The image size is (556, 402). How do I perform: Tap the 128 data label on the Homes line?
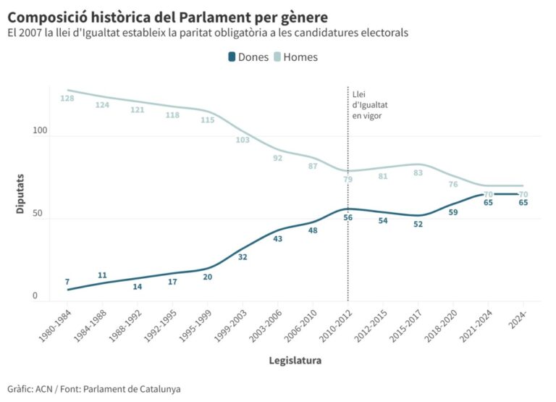(x=67, y=99)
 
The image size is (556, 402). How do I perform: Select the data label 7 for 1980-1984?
(x=67, y=282)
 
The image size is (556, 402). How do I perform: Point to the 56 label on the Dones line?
(x=347, y=217)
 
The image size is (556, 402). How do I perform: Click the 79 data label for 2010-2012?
(x=347, y=179)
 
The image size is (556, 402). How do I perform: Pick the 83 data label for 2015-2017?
(x=418, y=172)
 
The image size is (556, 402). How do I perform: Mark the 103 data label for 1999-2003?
(x=243, y=140)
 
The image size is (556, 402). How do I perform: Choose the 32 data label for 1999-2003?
(x=243, y=257)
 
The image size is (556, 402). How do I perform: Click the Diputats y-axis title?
(x=21, y=193)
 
